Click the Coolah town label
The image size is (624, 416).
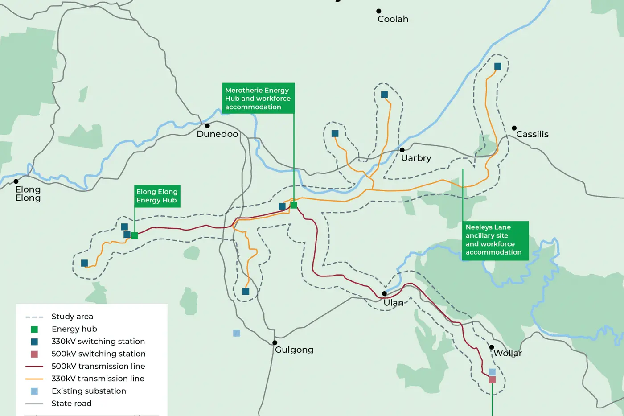[393, 19]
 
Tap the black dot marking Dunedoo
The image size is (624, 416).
[207, 126]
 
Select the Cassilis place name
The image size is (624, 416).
[532, 134]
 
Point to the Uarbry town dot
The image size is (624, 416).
[402, 150]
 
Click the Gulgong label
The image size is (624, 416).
[294, 350]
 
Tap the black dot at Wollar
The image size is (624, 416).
[492, 347]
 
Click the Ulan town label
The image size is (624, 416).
[394, 303]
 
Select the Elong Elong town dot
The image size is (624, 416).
[16, 181]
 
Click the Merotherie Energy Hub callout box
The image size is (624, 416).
[258, 99]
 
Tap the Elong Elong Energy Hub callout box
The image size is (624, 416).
[157, 196]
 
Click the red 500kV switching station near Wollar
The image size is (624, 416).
[492, 380]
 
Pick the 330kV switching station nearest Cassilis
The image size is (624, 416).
[498, 66]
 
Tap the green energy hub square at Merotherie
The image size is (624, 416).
[294, 205]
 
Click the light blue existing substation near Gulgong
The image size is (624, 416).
[237, 333]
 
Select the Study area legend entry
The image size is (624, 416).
[72, 317]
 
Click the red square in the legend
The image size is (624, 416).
[34, 354]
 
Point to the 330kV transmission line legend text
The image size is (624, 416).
[98, 379]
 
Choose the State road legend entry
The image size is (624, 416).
[71, 404]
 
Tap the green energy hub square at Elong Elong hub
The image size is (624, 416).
[135, 235]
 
